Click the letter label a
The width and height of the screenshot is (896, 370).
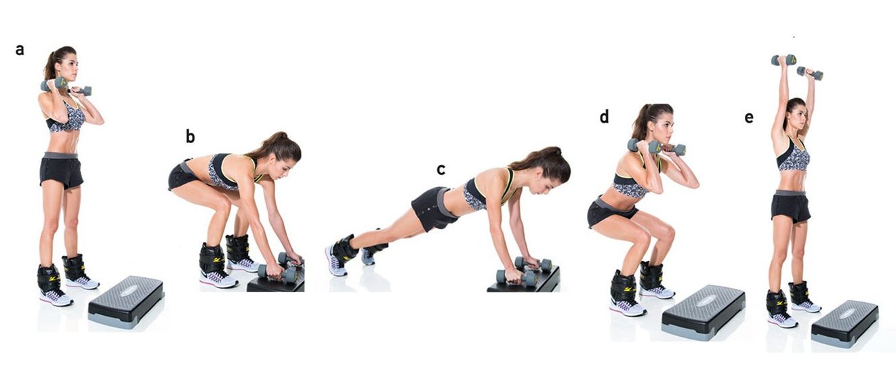[20, 49]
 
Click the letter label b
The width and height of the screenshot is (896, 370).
[190, 137]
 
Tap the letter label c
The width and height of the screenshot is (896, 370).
[441, 169]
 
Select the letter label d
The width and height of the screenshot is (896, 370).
[604, 117]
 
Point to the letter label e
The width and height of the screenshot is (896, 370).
[749, 117]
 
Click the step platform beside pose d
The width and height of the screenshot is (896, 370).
[703, 312]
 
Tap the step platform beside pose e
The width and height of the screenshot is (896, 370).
[844, 322]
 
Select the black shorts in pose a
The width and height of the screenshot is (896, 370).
[61, 171]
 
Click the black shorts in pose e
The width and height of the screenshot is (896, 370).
[791, 207]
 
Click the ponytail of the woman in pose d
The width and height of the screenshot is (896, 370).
[640, 125]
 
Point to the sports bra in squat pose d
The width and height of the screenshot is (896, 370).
[630, 184]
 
